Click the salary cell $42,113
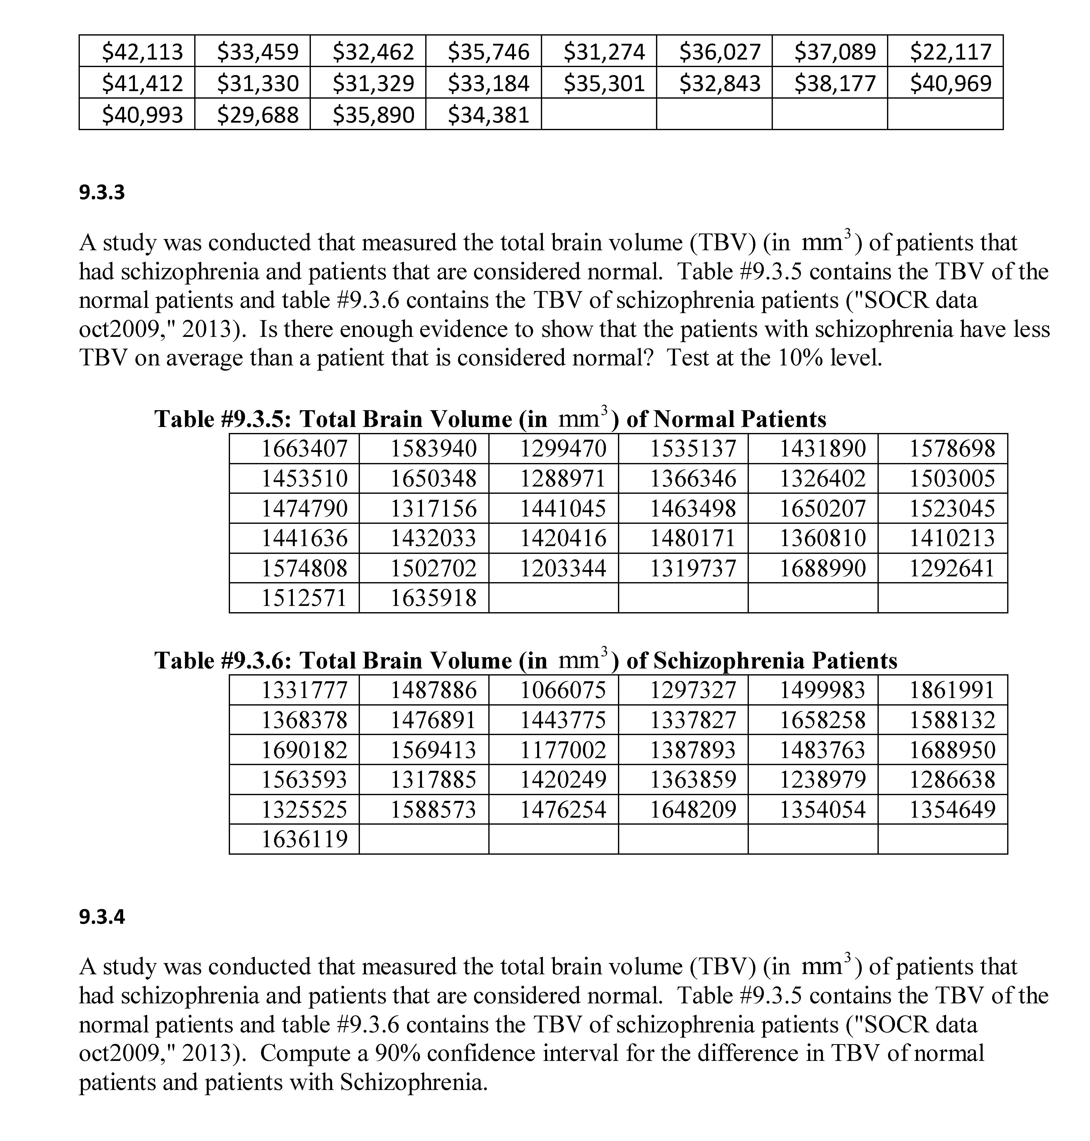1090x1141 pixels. [142, 52]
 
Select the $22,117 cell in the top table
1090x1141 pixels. [951, 52]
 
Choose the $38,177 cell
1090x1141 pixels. [835, 83]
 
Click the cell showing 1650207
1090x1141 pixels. [822, 508]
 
